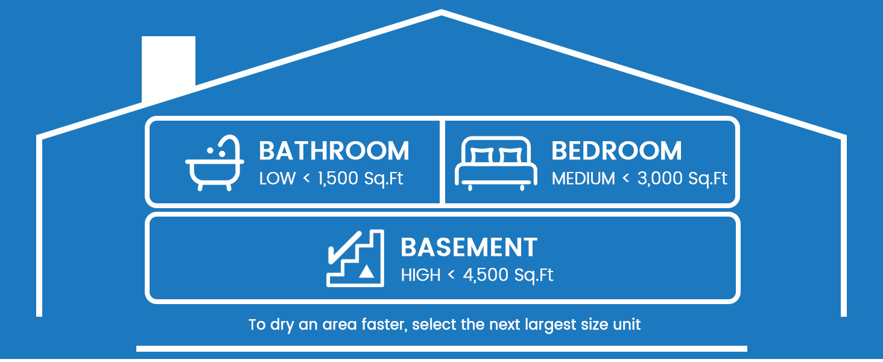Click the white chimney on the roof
(168, 67)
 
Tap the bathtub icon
(215, 164)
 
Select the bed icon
(496, 164)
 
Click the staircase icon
(355, 258)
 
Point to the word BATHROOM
(334, 151)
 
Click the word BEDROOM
(616, 151)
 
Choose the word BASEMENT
(469, 247)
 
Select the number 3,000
(660, 178)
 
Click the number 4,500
(486, 275)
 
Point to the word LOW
(277, 178)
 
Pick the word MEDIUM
(583, 178)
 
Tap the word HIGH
(420, 275)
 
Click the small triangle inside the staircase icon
(367, 271)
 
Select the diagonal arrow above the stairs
(344, 247)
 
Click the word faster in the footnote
(384, 325)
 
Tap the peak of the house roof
(441, 12)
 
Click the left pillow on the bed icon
(482, 156)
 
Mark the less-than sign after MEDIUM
(626, 178)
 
